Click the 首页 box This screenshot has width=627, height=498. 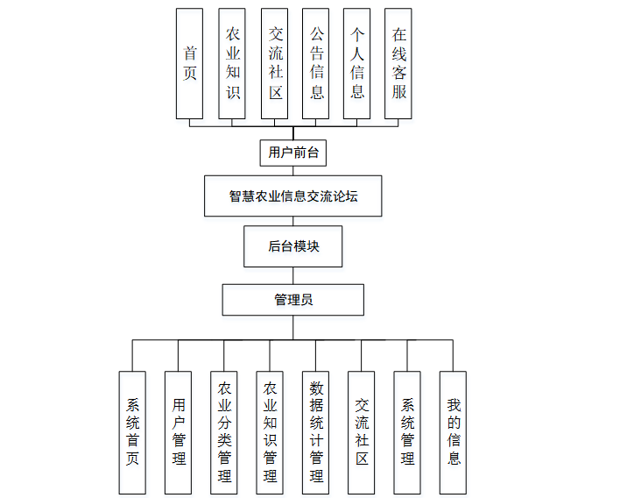[189, 63]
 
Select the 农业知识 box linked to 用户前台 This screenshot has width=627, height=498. [232, 63]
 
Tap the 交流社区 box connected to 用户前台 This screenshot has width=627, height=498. [274, 63]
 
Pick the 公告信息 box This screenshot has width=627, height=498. [315, 63]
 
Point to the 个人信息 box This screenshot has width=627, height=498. [356, 63]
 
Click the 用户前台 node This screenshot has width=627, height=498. [293, 153]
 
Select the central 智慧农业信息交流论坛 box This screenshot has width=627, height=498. [293, 196]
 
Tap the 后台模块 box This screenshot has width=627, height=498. [293, 246]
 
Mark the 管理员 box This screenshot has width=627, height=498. [293, 300]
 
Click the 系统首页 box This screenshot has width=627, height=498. [132, 431]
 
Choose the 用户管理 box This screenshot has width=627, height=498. [178, 431]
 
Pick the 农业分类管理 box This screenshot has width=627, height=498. [224, 431]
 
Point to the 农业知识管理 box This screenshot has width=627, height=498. [270, 431]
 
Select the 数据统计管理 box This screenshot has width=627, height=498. [315, 431]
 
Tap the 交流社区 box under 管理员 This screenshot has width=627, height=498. [361, 431]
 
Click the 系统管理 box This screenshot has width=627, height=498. [406, 431]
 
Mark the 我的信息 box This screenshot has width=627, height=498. [453, 431]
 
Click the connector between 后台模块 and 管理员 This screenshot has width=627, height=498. [293, 275]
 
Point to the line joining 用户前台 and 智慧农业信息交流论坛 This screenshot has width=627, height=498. [293, 171]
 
